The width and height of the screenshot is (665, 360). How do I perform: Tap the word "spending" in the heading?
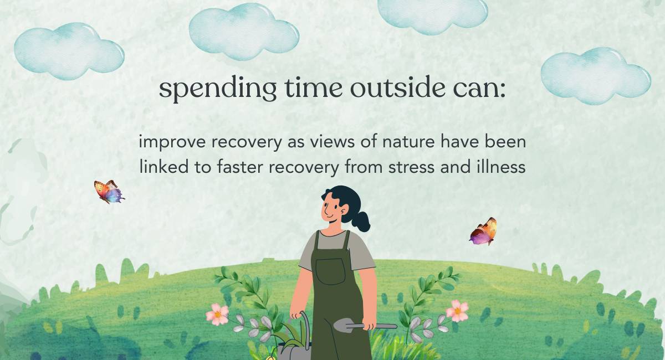tap(218, 89)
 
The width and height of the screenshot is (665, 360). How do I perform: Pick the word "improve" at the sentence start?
tap(172, 142)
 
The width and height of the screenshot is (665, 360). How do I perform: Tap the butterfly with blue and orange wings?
tap(109, 192)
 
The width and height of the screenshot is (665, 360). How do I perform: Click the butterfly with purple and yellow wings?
tap(483, 232)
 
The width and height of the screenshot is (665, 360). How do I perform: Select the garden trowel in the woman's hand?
tap(365, 325)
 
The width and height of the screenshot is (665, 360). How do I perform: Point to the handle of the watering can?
tap(306, 326)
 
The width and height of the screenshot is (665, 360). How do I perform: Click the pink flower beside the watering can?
tap(218, 314)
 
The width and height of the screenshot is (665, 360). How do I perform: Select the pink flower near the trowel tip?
tap(457, 311)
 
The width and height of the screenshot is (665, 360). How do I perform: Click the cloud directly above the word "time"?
tap(244, 32)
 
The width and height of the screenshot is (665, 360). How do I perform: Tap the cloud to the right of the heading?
tap(596, 76)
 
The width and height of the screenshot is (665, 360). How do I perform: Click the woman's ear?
tap(345, 209)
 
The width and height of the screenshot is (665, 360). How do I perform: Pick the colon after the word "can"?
tap(502, 90)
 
